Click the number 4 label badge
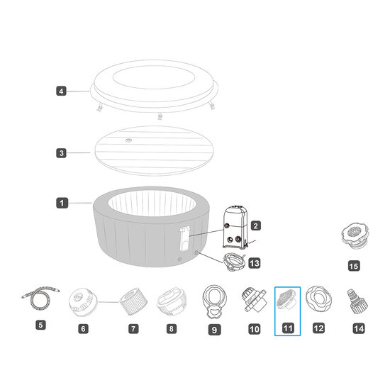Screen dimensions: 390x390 (61, 91)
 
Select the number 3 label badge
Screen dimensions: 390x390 (61, 153)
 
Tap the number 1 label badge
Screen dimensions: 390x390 (62, 203)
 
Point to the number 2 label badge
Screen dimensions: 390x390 (256, 225)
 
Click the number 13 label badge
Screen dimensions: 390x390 (254, 263)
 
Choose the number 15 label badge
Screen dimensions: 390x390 (353, 266)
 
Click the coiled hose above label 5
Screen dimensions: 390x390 (40, 298)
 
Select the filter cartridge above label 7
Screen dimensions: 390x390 (133, 301)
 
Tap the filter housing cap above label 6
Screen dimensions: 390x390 (83, 302)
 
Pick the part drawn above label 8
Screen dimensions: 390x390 (172, 301)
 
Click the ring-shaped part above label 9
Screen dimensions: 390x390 (214, 301)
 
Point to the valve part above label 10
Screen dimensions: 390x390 (254, 299)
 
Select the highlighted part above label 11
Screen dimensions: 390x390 (286, 299)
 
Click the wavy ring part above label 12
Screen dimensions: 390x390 (318, 299)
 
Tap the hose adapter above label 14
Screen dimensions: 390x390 (357, 300)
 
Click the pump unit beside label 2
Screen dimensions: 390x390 (235, 227)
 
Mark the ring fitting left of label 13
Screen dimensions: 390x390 (234, 262)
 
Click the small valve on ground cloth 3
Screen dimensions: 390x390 (128, 140)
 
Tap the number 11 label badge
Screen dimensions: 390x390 (288, 328)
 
